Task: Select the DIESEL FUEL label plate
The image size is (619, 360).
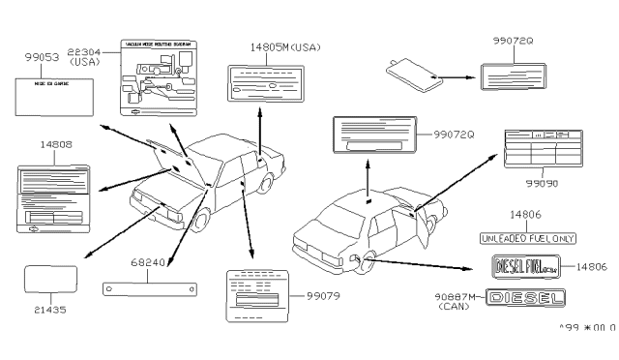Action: click(x=528, y=265)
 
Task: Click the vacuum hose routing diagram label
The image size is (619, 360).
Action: click(x=161, y=74)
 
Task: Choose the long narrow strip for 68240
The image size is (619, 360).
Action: click(x=150, y=288)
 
